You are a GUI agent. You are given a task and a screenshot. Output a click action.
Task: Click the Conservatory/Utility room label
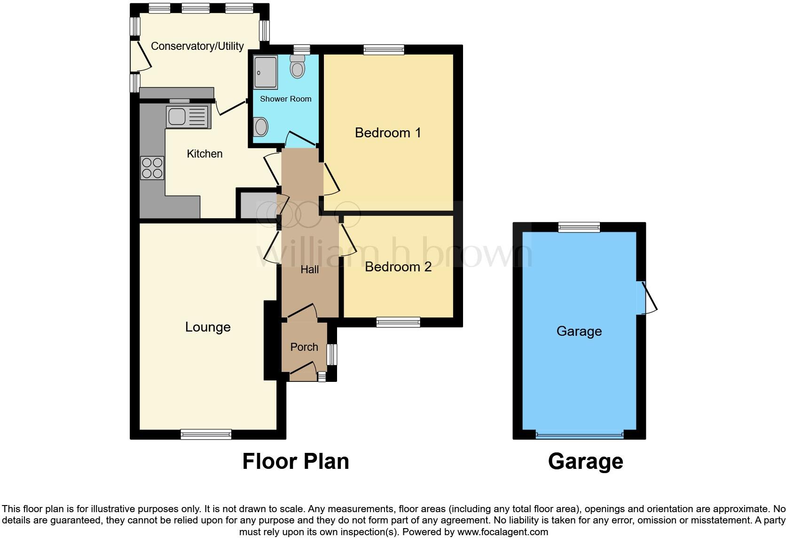(197, 46)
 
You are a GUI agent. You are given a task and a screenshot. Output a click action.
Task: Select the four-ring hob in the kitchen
(152, 168)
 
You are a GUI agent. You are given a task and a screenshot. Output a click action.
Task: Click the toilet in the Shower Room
(297, 67)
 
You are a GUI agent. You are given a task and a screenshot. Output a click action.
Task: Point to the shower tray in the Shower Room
(266, 72)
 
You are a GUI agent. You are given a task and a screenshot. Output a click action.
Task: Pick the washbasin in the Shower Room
(261, 127)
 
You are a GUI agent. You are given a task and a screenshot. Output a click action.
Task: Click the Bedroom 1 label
(388, 133)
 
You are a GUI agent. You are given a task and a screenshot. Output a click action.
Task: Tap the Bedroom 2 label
(398, 267)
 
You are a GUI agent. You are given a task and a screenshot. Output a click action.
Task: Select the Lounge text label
(208, 327)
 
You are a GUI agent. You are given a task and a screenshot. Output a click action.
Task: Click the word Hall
(310, 269)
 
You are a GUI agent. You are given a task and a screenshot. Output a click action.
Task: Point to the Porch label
(304, 347)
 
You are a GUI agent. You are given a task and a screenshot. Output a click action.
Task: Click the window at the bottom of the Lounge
(206, 434)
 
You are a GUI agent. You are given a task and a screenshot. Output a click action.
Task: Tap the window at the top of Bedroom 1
(384, 49)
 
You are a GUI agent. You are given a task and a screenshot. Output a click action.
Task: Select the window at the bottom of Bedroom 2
(398, 322)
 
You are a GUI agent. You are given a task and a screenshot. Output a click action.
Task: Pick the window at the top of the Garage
(579, 228)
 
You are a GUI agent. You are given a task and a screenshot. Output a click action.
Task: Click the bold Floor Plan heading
(296, 461)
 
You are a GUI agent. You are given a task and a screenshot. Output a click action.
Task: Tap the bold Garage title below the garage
(585, 461)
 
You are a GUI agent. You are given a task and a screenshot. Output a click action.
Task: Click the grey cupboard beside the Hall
(258, 204)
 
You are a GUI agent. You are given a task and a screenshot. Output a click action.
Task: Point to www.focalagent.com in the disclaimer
(503, 532)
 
